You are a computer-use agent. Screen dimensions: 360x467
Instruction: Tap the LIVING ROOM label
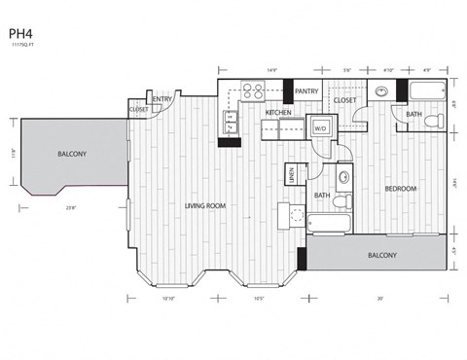[206, 206]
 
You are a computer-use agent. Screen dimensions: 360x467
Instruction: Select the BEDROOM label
[400, 188]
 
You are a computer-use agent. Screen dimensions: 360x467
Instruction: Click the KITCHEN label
[278, 113]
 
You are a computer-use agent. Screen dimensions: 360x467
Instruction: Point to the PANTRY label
[307, 92]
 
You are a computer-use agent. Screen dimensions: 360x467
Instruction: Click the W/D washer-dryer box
[319, 127]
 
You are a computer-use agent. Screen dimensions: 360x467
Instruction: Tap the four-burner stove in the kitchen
[253, 92]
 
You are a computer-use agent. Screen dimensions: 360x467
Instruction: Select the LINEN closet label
[291, 174]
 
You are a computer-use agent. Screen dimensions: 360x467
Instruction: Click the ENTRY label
[162, 98]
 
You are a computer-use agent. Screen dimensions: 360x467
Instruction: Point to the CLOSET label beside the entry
[138, 110]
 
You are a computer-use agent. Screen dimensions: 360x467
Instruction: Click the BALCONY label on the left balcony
[71, 155]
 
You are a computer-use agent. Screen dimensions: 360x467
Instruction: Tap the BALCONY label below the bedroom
[381, 256]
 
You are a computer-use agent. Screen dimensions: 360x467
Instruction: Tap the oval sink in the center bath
[343, 178]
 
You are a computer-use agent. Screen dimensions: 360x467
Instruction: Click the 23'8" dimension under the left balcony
[71, 206]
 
